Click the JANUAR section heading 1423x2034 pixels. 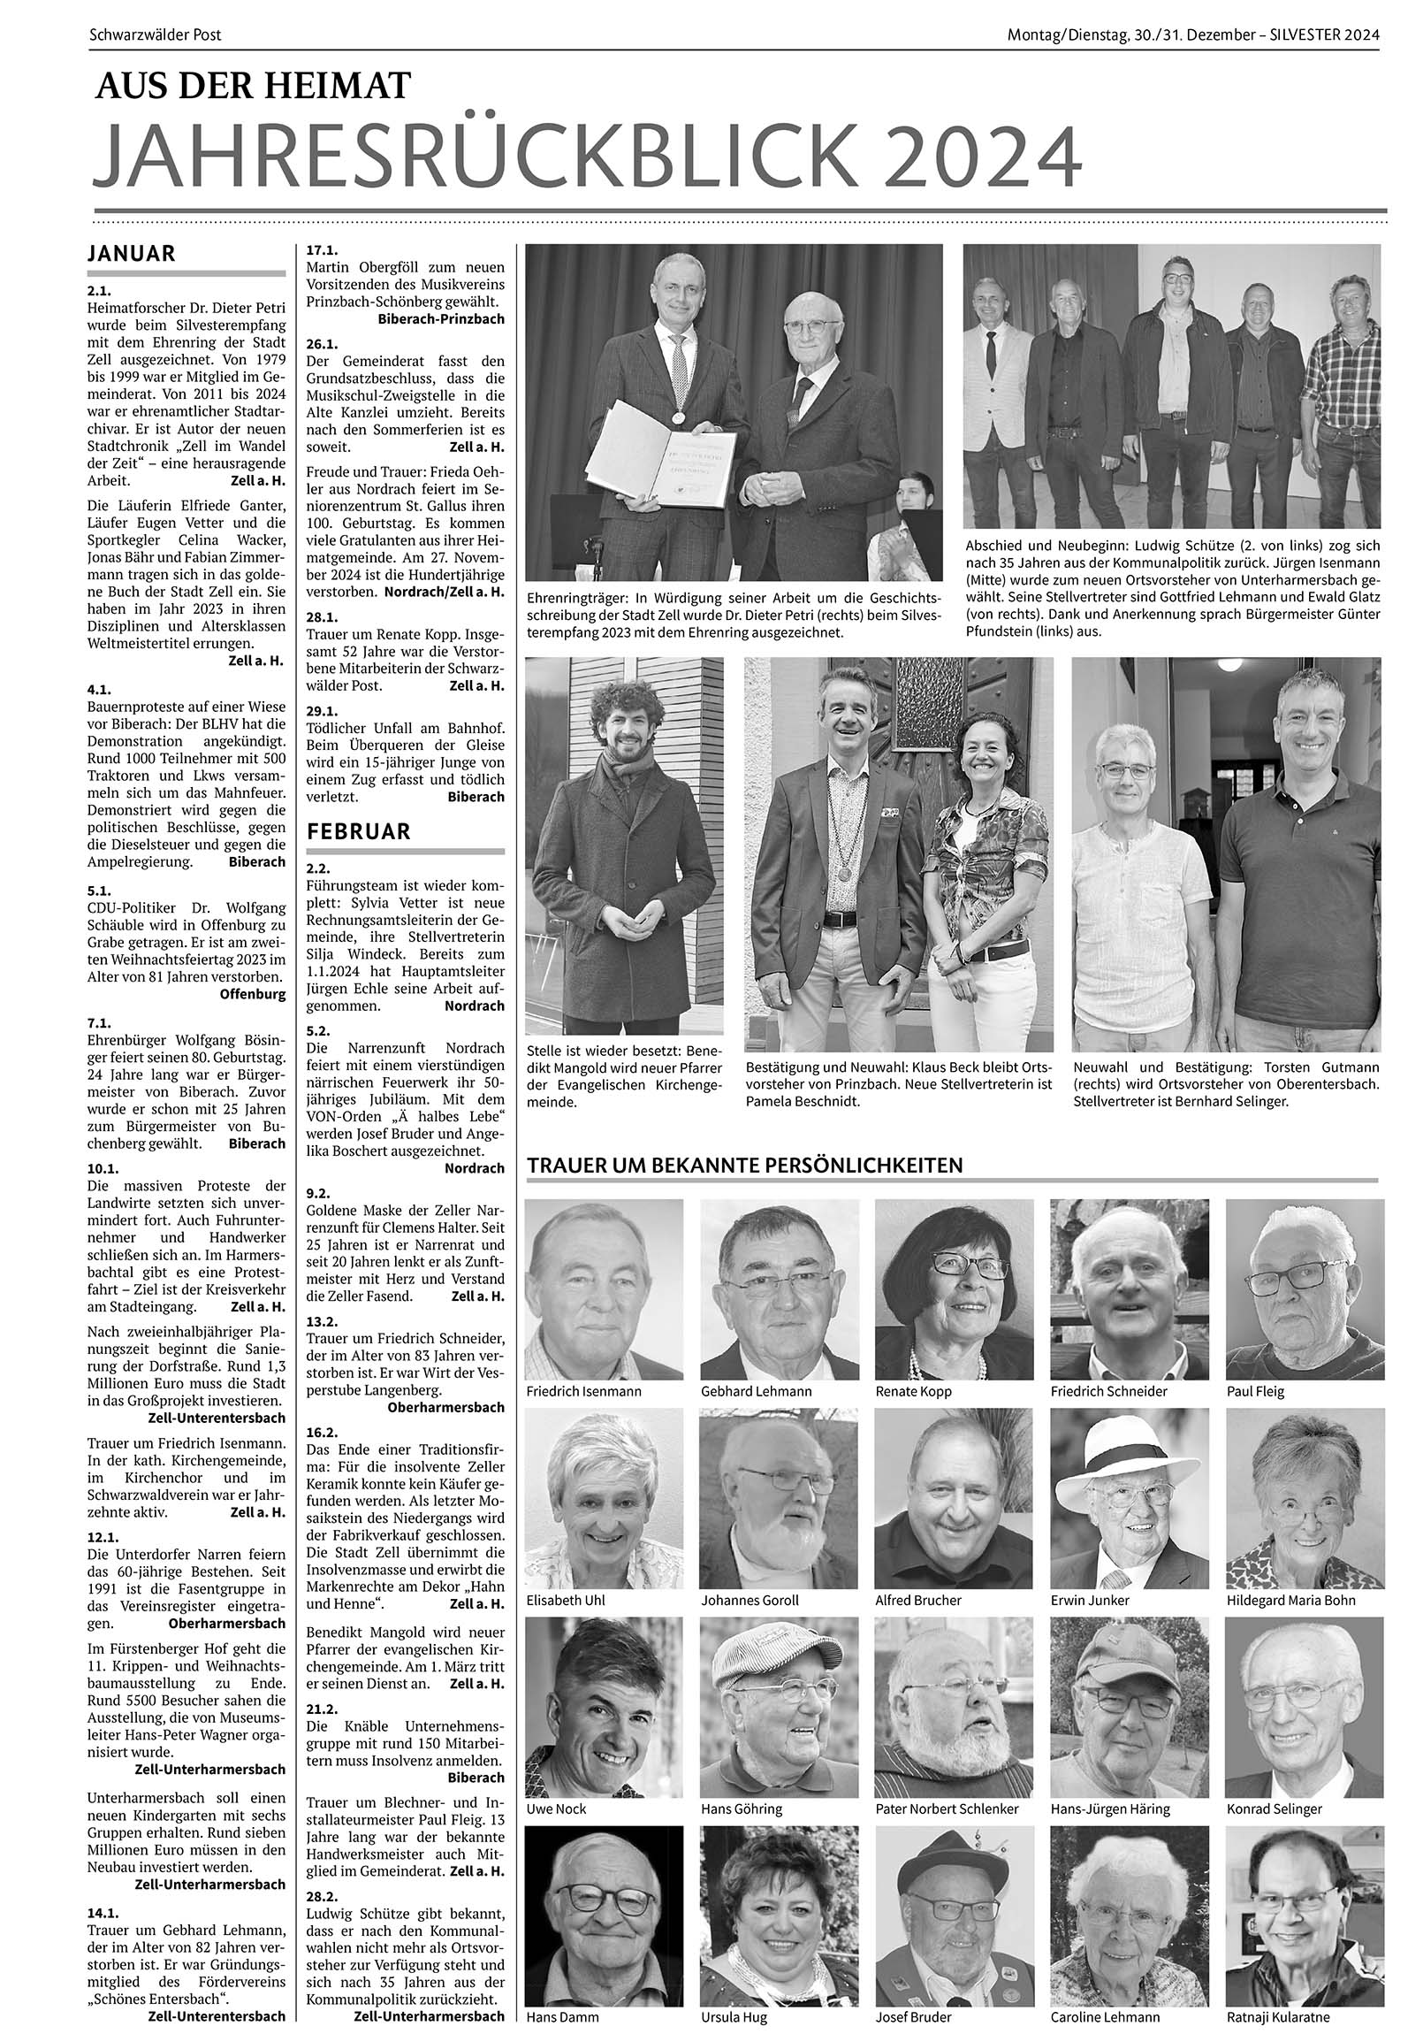click(x=132, y=253)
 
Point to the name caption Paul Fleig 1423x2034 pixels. click(x=1255, y=1391)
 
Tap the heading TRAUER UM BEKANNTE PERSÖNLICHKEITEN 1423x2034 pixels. click(x=745, y=1165)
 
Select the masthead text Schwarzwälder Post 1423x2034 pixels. click(x=155, y=35)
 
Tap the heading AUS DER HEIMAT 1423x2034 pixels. click(x=255, y=87)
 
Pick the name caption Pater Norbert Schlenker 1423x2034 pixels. click(x=946, y=1809)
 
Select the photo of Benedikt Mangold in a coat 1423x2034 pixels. click(x=623, y=846)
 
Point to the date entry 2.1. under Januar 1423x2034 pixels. click(x=98, y=290)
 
